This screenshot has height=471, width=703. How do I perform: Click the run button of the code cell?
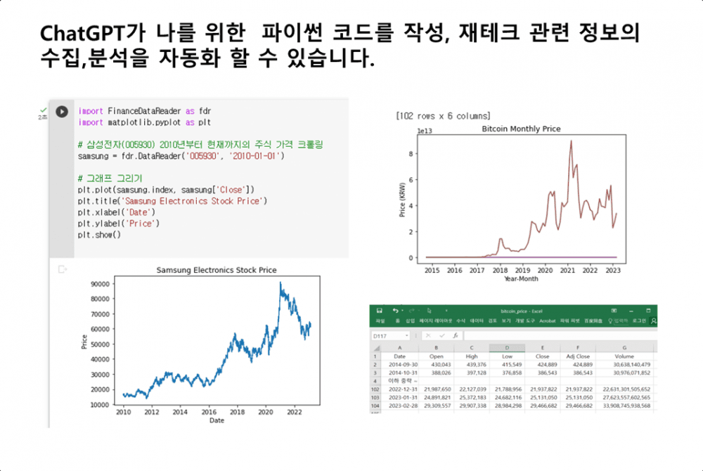click(x=62, y=111)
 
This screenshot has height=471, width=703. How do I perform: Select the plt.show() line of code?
click(x=99, y=234)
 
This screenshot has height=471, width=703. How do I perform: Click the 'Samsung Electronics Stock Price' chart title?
click(x=216, y=270)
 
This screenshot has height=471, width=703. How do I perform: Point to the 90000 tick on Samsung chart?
click(x=101, y=285)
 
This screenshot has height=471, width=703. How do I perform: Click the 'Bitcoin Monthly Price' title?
click(x=521, y=129)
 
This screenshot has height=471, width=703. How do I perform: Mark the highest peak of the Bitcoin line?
click(x=571, y=141)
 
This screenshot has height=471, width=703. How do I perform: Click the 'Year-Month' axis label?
click(x=522, y=278)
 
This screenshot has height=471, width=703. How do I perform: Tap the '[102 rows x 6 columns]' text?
click(x=443, y=116)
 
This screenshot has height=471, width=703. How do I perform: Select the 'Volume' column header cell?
click(x=624, y=356)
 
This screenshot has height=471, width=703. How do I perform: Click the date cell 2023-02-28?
click(x=400, y=406)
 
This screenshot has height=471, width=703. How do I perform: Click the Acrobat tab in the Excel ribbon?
click(x=547, y=321)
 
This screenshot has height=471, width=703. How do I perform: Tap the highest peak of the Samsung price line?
click(x=280, y=283)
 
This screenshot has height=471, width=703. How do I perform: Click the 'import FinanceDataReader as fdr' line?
click(x=144, y=111)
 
